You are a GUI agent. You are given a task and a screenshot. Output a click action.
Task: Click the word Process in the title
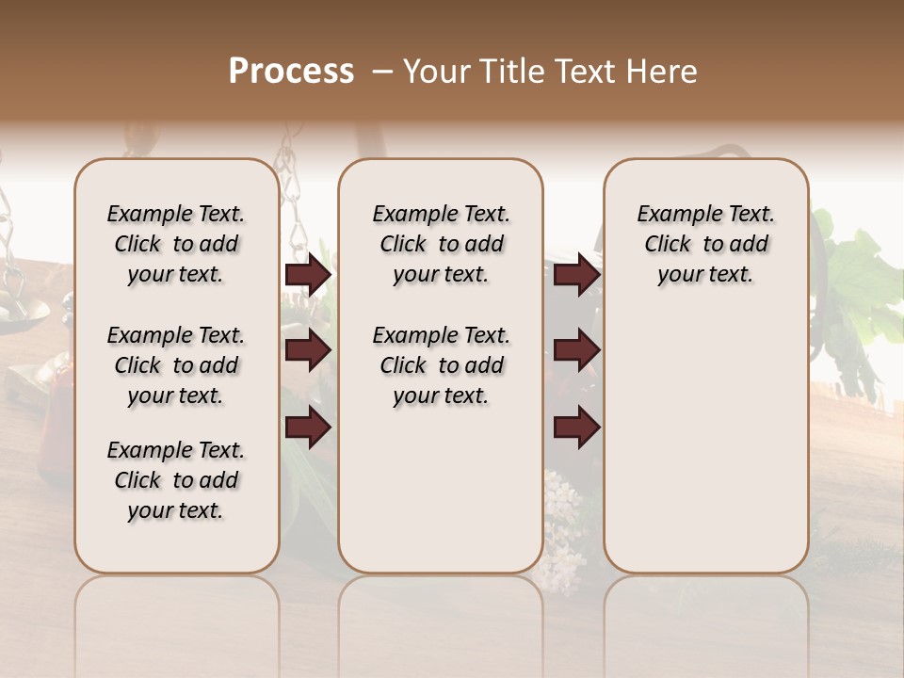[291, 72]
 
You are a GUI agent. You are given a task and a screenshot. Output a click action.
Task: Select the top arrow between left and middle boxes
[308, 275]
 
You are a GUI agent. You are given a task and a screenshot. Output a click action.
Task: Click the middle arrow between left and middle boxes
[308, 351]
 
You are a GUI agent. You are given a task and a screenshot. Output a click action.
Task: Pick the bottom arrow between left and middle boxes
[308, 428]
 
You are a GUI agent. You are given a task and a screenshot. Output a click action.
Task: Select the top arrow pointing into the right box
[576, 275]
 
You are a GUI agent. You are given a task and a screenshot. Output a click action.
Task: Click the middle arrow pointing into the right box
[576, 351]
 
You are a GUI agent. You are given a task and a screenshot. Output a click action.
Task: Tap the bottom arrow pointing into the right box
[576, 428]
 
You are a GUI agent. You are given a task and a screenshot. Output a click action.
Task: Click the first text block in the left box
[176, 244]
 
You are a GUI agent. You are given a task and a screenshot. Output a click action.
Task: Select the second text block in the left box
[176, 365]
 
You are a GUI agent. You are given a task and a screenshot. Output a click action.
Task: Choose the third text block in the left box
[176, 480]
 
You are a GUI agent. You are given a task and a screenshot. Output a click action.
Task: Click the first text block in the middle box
[441, 244]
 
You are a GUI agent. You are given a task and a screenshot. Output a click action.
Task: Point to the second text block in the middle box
[441, 365]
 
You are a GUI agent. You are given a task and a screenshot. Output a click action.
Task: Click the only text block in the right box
[705, 244]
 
